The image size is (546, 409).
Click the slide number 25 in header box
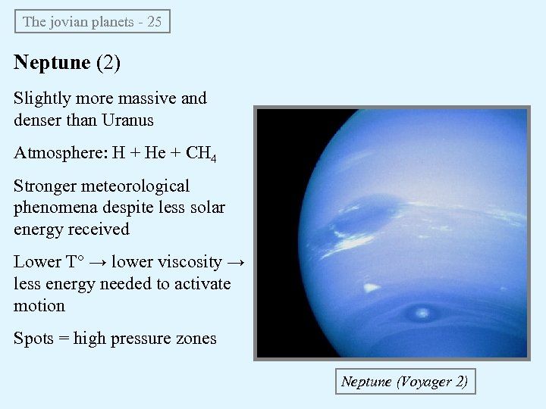(x=154, y=21)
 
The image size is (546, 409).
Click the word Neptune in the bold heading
(x=52, y=62)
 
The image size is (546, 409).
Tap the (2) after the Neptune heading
(x=108, y=62)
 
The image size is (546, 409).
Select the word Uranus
(x=127, y=120)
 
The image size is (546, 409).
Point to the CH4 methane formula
(x=201, y=154)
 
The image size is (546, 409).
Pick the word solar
(x=206, y=207)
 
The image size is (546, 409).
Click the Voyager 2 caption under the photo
(x=405, y=381)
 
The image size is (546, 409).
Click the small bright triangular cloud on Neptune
(x=371, y=287)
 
